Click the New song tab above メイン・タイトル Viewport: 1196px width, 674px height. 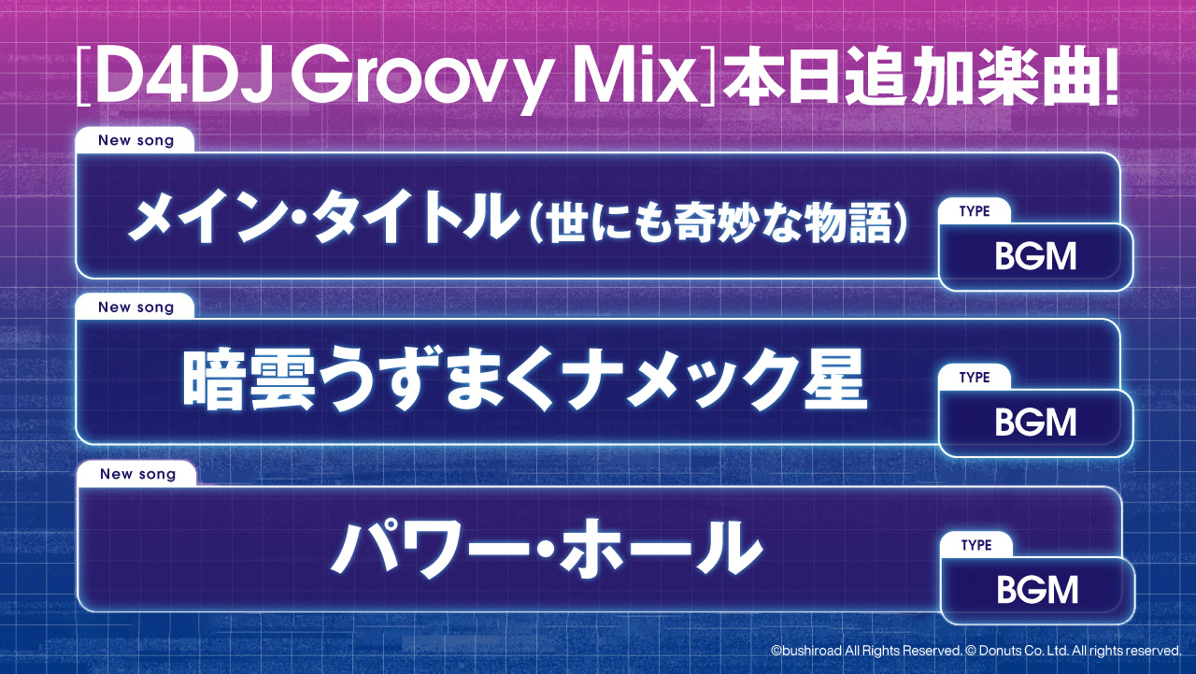[135, 140]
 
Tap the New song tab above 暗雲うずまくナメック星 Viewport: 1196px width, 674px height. [135, 308]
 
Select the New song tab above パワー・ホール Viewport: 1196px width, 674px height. [137, 474]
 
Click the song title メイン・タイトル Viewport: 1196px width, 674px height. [323, 219]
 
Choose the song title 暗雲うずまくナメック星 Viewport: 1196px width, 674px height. [523, 380]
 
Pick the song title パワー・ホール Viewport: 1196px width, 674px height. [545, 549]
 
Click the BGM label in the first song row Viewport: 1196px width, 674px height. [1035, 257]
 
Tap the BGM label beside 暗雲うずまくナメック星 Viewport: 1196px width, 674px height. [1035, 423]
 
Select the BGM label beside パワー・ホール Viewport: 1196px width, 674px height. [1037, 590]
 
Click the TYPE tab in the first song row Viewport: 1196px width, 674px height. [975, 211]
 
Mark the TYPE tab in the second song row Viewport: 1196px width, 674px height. [975, 378]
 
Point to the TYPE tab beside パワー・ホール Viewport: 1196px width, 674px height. [976, 545]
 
